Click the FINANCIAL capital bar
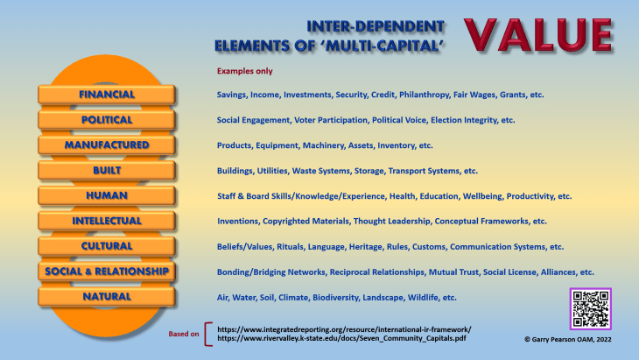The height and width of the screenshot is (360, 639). click(x=107, y=94)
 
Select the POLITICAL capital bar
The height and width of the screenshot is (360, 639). click(x=107, y=119)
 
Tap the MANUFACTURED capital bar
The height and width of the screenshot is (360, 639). click(x=107, y=145)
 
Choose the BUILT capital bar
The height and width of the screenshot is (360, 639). click(x=107, y=170)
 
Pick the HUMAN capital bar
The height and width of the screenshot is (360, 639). click(x=107, y=195)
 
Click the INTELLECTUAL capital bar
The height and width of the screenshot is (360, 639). click(x=107, y=221)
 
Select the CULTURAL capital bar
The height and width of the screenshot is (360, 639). click(x=107, y=246)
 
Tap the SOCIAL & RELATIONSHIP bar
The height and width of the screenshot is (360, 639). click(x=107, y=272)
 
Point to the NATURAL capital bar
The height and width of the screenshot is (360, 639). click(x=107, y=297)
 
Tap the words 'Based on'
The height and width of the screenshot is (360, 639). click(x=184, y=333)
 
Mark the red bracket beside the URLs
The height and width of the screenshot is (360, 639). click(x=207, y=332)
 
